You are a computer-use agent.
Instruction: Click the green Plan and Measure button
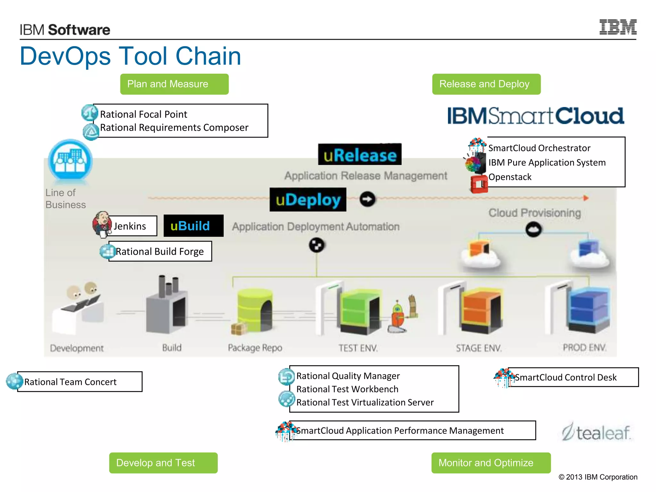point(174,84)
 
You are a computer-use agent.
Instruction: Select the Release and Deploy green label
point(486,84)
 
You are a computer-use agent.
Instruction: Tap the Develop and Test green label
point(163,463)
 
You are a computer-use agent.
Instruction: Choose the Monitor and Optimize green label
point(491,463)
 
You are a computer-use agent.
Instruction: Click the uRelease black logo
point(359,154)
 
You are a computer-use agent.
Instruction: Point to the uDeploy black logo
point(308,200)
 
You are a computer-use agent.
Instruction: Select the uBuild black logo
point(193,226)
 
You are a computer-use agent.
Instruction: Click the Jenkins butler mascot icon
point(102,224)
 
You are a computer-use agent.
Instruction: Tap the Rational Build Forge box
point(160,251)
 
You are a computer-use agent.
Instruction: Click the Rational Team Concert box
point(79,381)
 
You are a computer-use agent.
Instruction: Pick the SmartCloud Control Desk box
point(573,377)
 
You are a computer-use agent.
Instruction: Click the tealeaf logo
point(596,432)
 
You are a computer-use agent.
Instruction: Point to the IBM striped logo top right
point(618,27)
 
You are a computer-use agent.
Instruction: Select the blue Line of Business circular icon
point(70,160)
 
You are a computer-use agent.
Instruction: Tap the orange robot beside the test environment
point(398,317)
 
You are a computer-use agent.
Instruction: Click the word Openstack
point(510,177)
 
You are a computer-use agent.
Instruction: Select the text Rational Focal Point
point(143,114)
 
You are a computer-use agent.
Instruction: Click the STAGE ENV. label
point(479,348)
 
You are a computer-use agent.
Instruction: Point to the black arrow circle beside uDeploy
point(367,199)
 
